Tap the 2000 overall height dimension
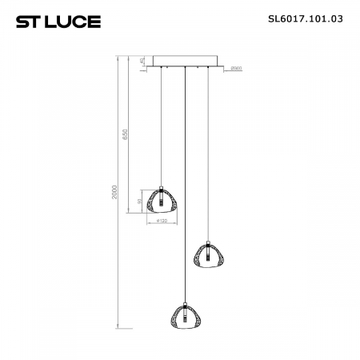[117, 195]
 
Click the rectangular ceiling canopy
[185, 62]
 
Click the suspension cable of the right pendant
[209, 152]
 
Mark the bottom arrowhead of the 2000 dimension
[120, 327]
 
